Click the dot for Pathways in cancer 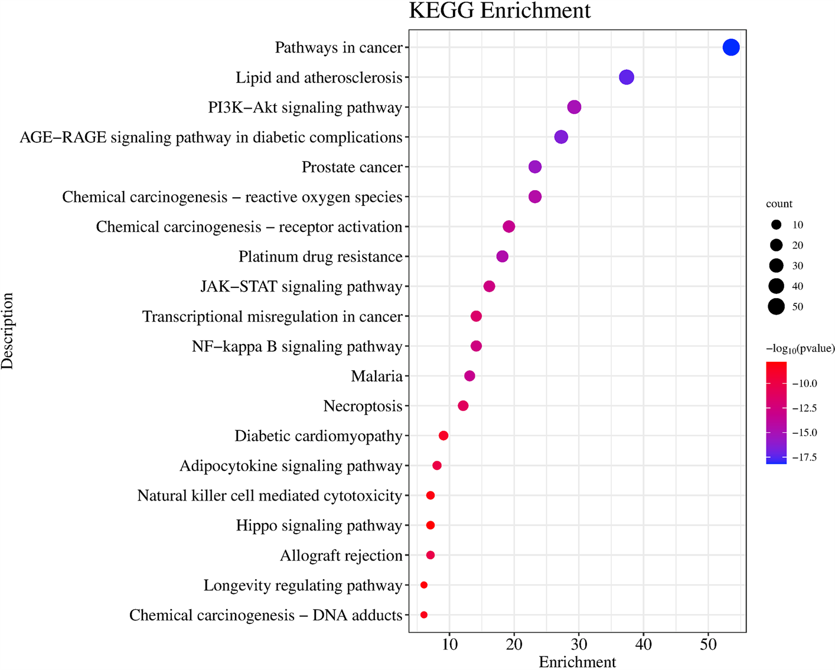[730, 47]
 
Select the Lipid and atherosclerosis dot [626, 77]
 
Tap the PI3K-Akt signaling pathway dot [574, 107]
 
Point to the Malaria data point [469, 376]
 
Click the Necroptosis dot [463, 406]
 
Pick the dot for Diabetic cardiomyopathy [443, 436]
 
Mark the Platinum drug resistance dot [502, 257]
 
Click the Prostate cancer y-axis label [352, 168]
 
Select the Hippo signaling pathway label [319, 526]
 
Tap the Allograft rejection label [341, 556]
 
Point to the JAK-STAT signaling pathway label [301, 287]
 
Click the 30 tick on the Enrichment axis [579, 644]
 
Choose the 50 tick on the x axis [708, 644]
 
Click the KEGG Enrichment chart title [500, 11]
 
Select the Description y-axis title [8, 331]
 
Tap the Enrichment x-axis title [577, 662]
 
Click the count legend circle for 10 [776, 225]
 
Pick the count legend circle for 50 [776, 306]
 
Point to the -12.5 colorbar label [804, 408]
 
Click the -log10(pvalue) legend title [800, 349]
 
